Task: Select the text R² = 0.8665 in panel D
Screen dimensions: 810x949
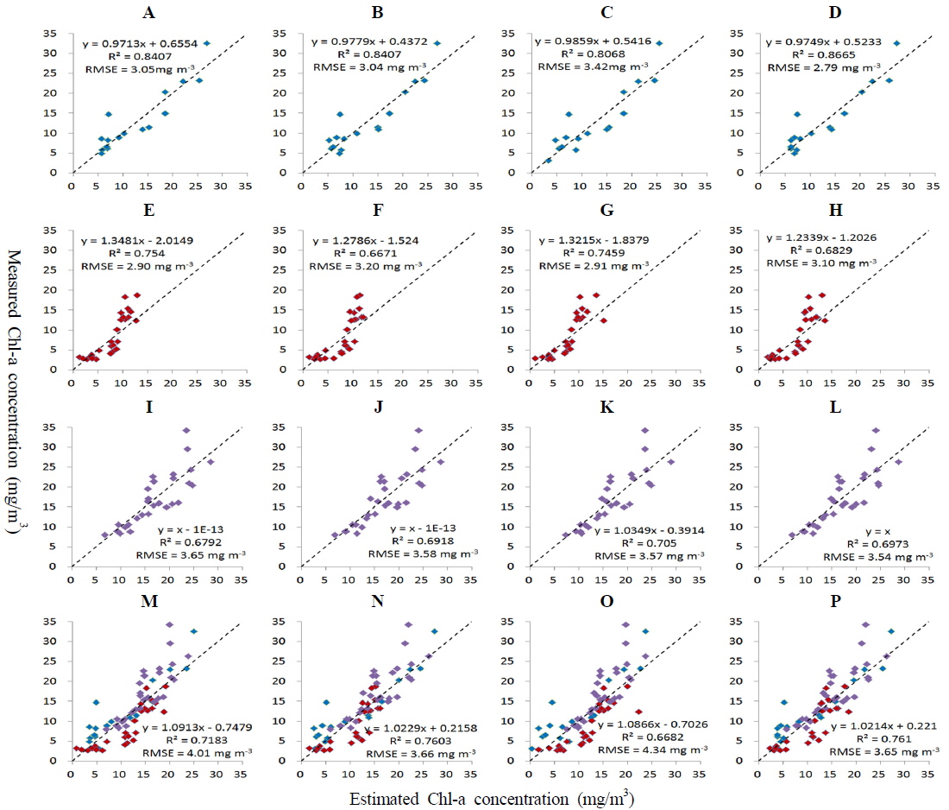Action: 810,53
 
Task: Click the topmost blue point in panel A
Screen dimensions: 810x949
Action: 207,43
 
